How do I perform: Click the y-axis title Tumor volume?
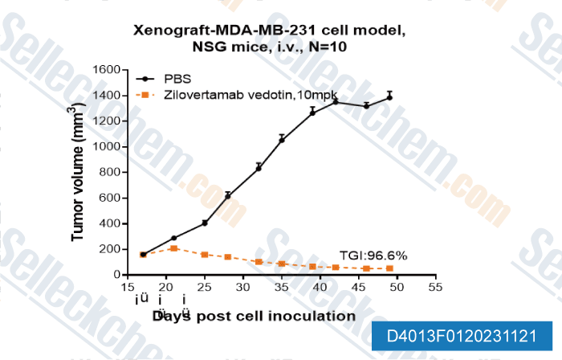point(79,172)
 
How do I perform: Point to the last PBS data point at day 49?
point(389,96)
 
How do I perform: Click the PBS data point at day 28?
point(228,195)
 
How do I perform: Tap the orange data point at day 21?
point(173,248)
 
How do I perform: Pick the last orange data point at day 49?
point(389,268)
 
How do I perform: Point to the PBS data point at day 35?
point(282,140)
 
